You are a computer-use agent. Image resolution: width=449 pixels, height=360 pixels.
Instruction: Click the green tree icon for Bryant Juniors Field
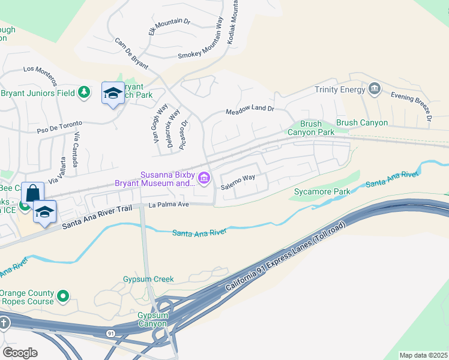coord(85,92)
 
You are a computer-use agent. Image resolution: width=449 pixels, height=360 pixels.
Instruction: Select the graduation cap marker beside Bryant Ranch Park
coord(112,93)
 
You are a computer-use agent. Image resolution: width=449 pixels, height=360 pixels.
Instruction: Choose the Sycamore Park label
coord(322,192)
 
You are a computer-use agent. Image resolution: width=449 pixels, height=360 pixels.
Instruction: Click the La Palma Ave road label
coord(169,205)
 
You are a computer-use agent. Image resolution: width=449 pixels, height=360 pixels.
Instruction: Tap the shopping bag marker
coord(32,193)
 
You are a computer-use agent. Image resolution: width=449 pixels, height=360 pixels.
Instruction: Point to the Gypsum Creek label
coord(148,279)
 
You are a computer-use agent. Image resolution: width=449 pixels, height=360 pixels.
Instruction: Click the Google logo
coord(20,352)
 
